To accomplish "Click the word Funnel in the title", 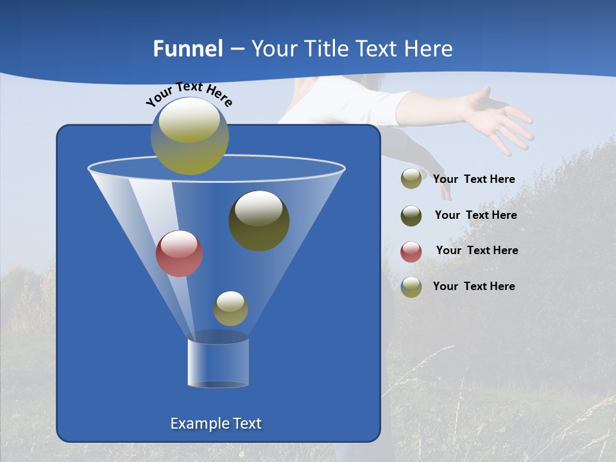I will pyautogui.click(x=188, y=49).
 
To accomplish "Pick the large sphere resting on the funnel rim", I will pyautogui.click(x=190, y=135).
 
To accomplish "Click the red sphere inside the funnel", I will pyautogui.click(x=180, y=253).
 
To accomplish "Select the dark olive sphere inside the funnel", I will pyautogui.click(x=259, y=220).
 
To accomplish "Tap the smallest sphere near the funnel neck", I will pyautogui.click(x=230, y=308).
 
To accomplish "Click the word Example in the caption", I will pyautogui.click(x=199, y=424).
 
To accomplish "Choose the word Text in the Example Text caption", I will pyautogui.click(x=246, y=424).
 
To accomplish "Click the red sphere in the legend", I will pyautogui.click(x=411, y=252).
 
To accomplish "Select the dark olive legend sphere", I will pyautogui.click(x=411, y=216).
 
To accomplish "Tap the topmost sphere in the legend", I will pyautogui.click(x=411, y=178).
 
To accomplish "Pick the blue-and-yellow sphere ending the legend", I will pyautogui.click(x=411, y=287).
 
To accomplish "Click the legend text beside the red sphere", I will pyautogui.click(x=477, y=250).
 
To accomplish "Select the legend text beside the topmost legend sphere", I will pyautogui.click(x=474, y=179).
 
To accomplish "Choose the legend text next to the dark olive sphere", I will pyautogui.click(x=475, y=215).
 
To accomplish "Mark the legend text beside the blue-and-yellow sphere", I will pyautogui.click(x=474, y=286).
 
